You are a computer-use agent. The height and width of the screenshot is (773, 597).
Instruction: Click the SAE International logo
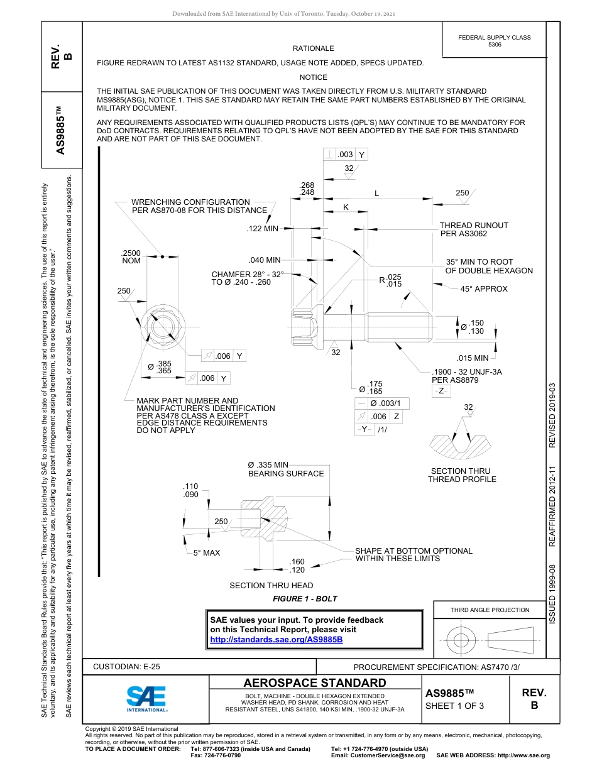(x=146, y=697)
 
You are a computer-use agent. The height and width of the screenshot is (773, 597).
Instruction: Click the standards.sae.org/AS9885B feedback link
(x=276, y=640)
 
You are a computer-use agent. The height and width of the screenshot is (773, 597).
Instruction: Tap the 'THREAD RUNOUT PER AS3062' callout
(x=473, y=229)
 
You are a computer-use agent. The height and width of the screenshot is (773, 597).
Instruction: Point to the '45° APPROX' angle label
(x=483, y=289)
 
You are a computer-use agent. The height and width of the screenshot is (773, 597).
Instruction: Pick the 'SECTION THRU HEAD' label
(x=271, y=586)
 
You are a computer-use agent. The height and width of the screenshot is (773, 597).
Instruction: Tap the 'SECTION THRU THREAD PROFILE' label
(x=461, y=475)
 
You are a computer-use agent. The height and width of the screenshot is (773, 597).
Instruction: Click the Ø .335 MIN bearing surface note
(x=286, y=469)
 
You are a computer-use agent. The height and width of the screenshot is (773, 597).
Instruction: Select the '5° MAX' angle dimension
(x=207, y=552)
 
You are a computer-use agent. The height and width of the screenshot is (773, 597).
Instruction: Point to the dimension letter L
(x=376, y=194)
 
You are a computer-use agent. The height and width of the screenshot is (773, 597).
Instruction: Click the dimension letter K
(x=345, y=207)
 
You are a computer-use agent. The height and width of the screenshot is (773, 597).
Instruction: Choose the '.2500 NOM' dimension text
(x=131, y=256)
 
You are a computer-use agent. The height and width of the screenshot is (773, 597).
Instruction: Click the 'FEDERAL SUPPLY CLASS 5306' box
(x=494, y=41)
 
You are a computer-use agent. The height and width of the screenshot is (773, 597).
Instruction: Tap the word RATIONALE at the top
(x=313, y=48)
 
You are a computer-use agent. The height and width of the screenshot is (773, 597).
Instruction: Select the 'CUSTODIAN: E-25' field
(x=126, y=667)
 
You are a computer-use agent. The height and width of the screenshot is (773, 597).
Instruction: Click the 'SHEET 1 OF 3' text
(x=451, y=705)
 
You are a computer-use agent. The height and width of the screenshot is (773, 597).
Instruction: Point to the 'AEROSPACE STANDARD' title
(x=315, y=683)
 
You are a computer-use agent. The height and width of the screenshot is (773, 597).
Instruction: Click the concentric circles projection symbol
(x=461, y=640)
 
